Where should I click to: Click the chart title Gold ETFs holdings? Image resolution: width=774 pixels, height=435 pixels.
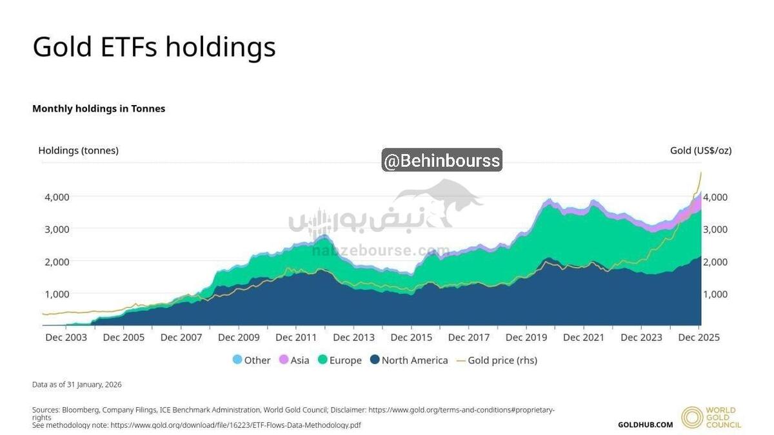point(154,47)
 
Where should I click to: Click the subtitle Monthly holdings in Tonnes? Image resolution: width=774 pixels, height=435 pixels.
point(99,108)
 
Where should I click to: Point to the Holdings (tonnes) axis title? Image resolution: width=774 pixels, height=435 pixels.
point(78,150)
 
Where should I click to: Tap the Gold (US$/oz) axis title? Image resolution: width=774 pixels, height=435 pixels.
point(700,150)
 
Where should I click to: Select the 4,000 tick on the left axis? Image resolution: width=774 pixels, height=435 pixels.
point(57,197)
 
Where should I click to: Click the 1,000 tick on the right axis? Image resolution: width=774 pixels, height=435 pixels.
point(715,294)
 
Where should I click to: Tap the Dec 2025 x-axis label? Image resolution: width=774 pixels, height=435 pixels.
point(699,337)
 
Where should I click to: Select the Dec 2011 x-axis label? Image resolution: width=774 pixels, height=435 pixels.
point(296,337)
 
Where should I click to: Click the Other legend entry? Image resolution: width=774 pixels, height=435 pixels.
point(252,360)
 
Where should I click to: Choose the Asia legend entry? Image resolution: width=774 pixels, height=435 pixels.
point(293,360)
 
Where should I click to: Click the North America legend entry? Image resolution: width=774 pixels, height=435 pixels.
point(408,360)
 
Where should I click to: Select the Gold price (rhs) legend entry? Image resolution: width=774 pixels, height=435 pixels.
point(497,360)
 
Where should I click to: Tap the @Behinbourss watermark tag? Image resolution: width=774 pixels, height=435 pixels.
point(442,160)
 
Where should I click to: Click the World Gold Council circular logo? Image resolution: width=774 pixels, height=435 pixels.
point(692,418)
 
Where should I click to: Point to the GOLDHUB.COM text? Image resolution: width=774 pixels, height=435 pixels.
point(645,425)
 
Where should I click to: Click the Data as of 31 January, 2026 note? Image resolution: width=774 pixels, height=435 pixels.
point(77,385)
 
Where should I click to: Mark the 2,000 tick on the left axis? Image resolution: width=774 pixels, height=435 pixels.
point(57,262)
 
